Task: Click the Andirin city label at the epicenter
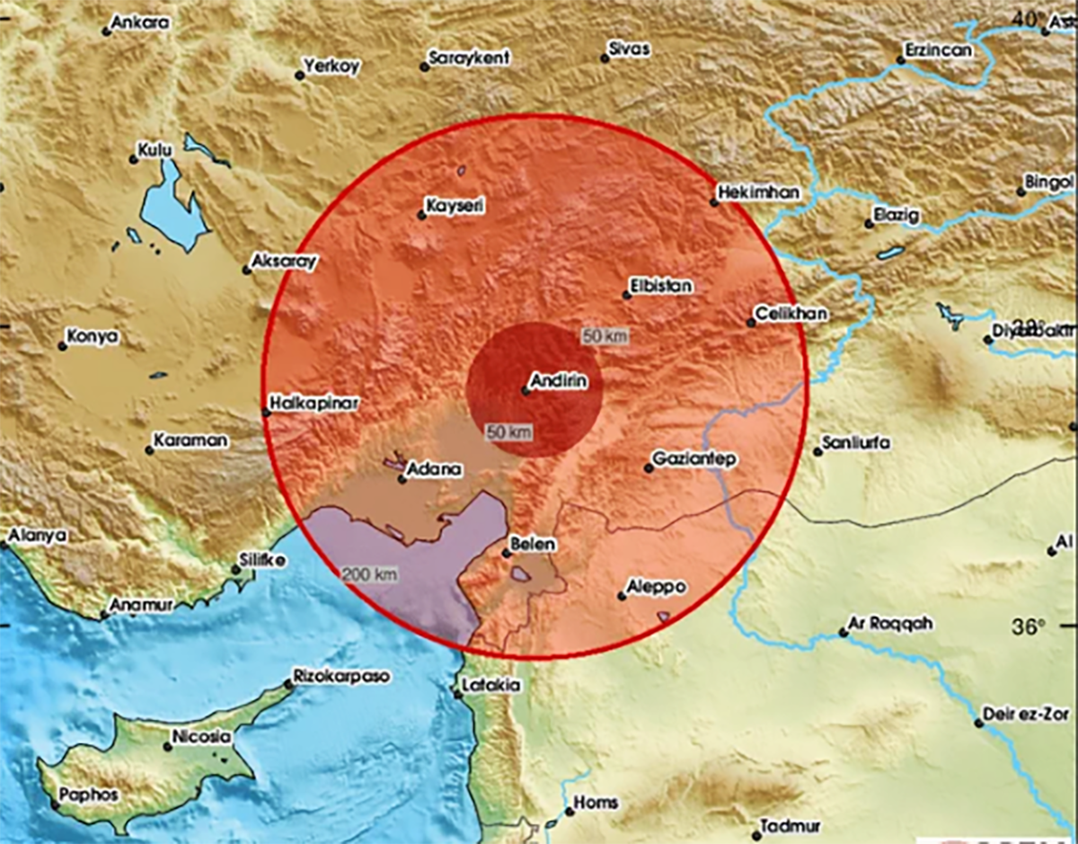[x=561, y=382]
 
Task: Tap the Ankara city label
[x=140, y=23]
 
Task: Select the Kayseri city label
[x=455, y=207]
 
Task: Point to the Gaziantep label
[x=694, y=459]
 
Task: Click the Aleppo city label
[x=658, y=586]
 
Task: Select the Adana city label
[x=435, y=469]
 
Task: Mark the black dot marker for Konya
[x=62, y=345]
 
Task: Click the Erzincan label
[x=938, y=51]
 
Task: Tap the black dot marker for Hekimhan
[x=714, y=202]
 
